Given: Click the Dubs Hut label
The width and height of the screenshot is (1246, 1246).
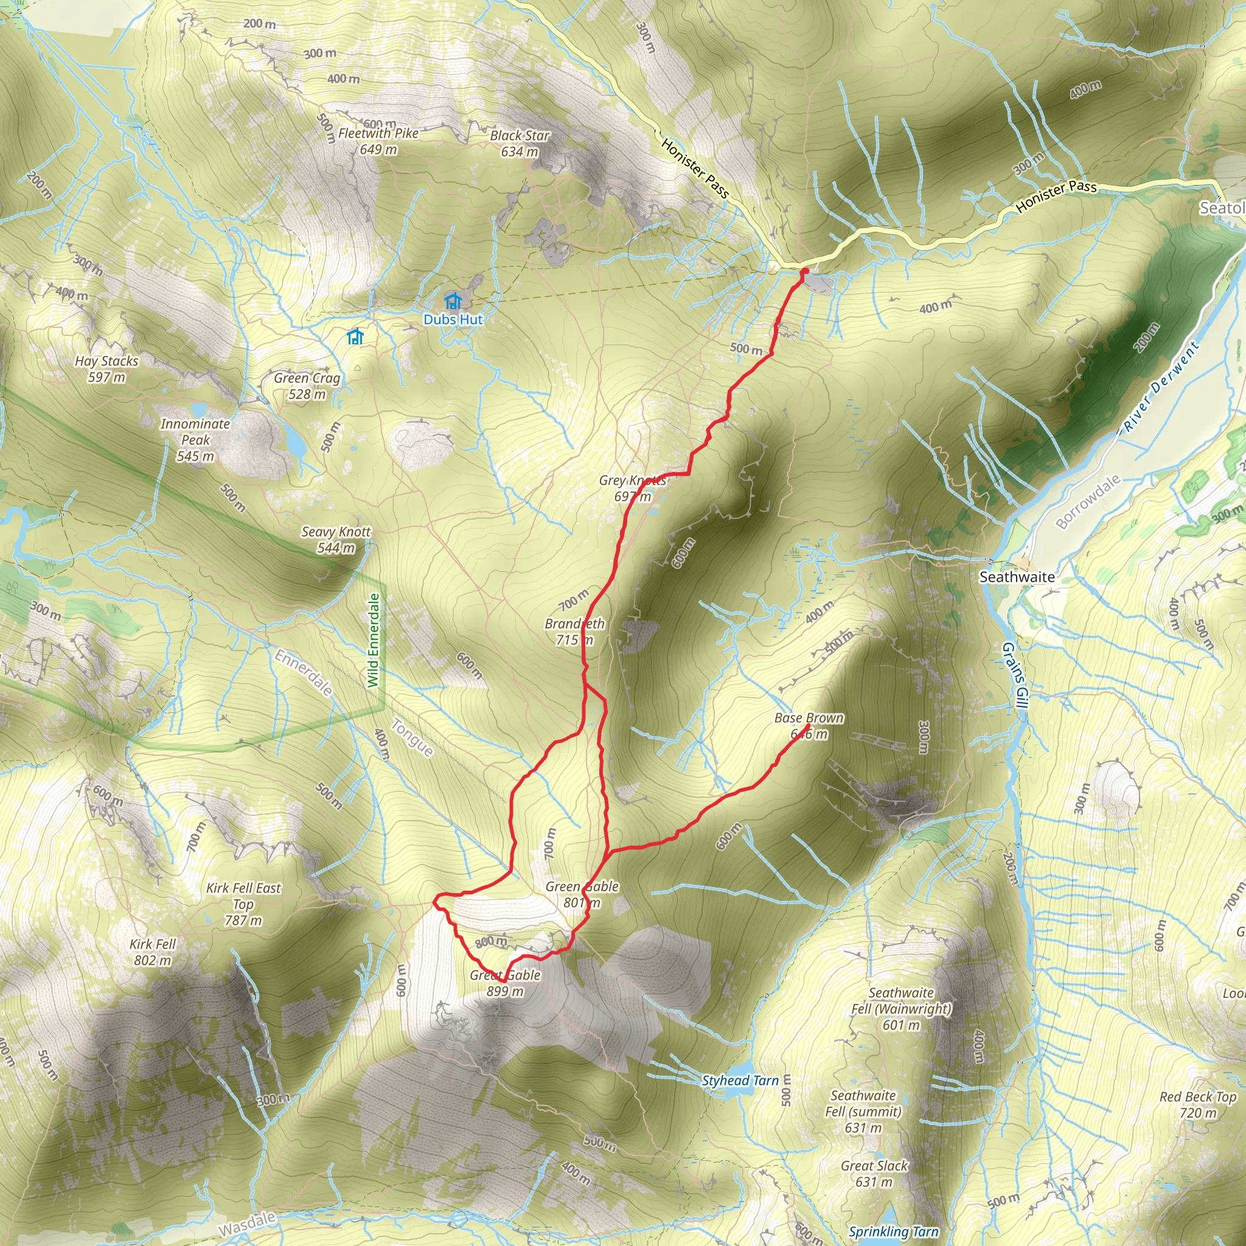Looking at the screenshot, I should click(x=453, y=319).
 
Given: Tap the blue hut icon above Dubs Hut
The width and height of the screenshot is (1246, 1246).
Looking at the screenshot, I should click(x=453, y=300).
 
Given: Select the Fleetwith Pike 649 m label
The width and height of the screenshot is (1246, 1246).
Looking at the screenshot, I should click(x=378, y=141).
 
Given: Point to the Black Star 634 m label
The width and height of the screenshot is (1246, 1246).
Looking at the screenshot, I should click(x=520, y=143).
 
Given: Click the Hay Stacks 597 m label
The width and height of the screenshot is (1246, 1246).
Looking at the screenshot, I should click(x=106, y=369).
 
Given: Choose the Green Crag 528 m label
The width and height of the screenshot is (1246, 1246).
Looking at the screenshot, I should click(x=307, y=386).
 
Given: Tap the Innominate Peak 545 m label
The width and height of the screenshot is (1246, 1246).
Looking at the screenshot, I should click(x=195, y=440).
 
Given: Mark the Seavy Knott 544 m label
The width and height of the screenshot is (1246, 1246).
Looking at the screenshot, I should click(x=336, y=540).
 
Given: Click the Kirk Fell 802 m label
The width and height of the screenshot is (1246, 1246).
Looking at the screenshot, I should click(x=153, y=952).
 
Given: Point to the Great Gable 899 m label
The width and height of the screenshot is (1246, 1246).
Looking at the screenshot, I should click(x=505, y=983).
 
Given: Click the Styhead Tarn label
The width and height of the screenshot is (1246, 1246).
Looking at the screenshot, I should click(x=740, y=1081).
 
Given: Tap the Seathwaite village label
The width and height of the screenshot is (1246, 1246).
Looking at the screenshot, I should click(x=1017, y=577).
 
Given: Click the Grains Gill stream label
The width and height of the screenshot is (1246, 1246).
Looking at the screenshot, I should click(x=1014, y=675).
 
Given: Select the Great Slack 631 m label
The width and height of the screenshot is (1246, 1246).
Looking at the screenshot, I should click(x=874, y=1174).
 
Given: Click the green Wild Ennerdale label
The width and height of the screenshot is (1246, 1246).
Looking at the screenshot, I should click(x=374, y=641).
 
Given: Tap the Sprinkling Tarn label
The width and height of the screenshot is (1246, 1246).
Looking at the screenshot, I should click(x=894, y=1231).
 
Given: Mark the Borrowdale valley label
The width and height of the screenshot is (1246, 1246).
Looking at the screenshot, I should click(x=1088, y=502).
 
